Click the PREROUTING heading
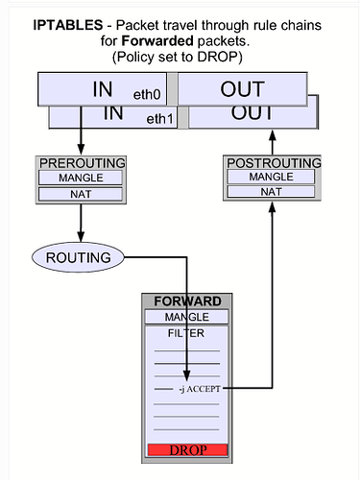pos(81,162)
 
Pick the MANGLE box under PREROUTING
pos(81,178)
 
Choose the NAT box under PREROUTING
pos(81,194)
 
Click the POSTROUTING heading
pos(272,162)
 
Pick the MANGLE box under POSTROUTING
pos(272,177)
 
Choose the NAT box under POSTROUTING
pos(272,192)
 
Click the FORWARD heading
pos(187,300)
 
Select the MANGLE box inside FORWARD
pos(187,317)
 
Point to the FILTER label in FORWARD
pos(187,333)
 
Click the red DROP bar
pos(187,449)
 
